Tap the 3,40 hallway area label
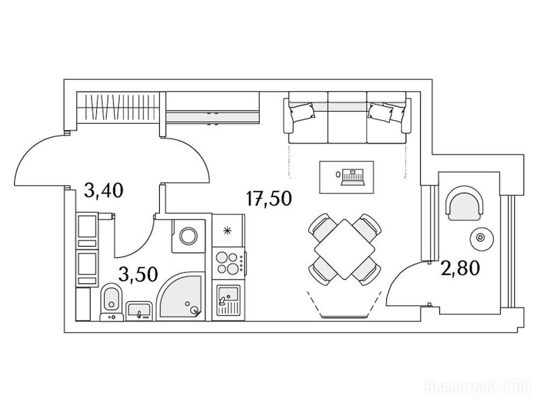coord(104,190)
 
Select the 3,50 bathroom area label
coord(138,275)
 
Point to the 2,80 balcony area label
coord(460,268)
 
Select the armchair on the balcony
coord(465,202)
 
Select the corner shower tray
coord(180,297)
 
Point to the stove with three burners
coord(228,263)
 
